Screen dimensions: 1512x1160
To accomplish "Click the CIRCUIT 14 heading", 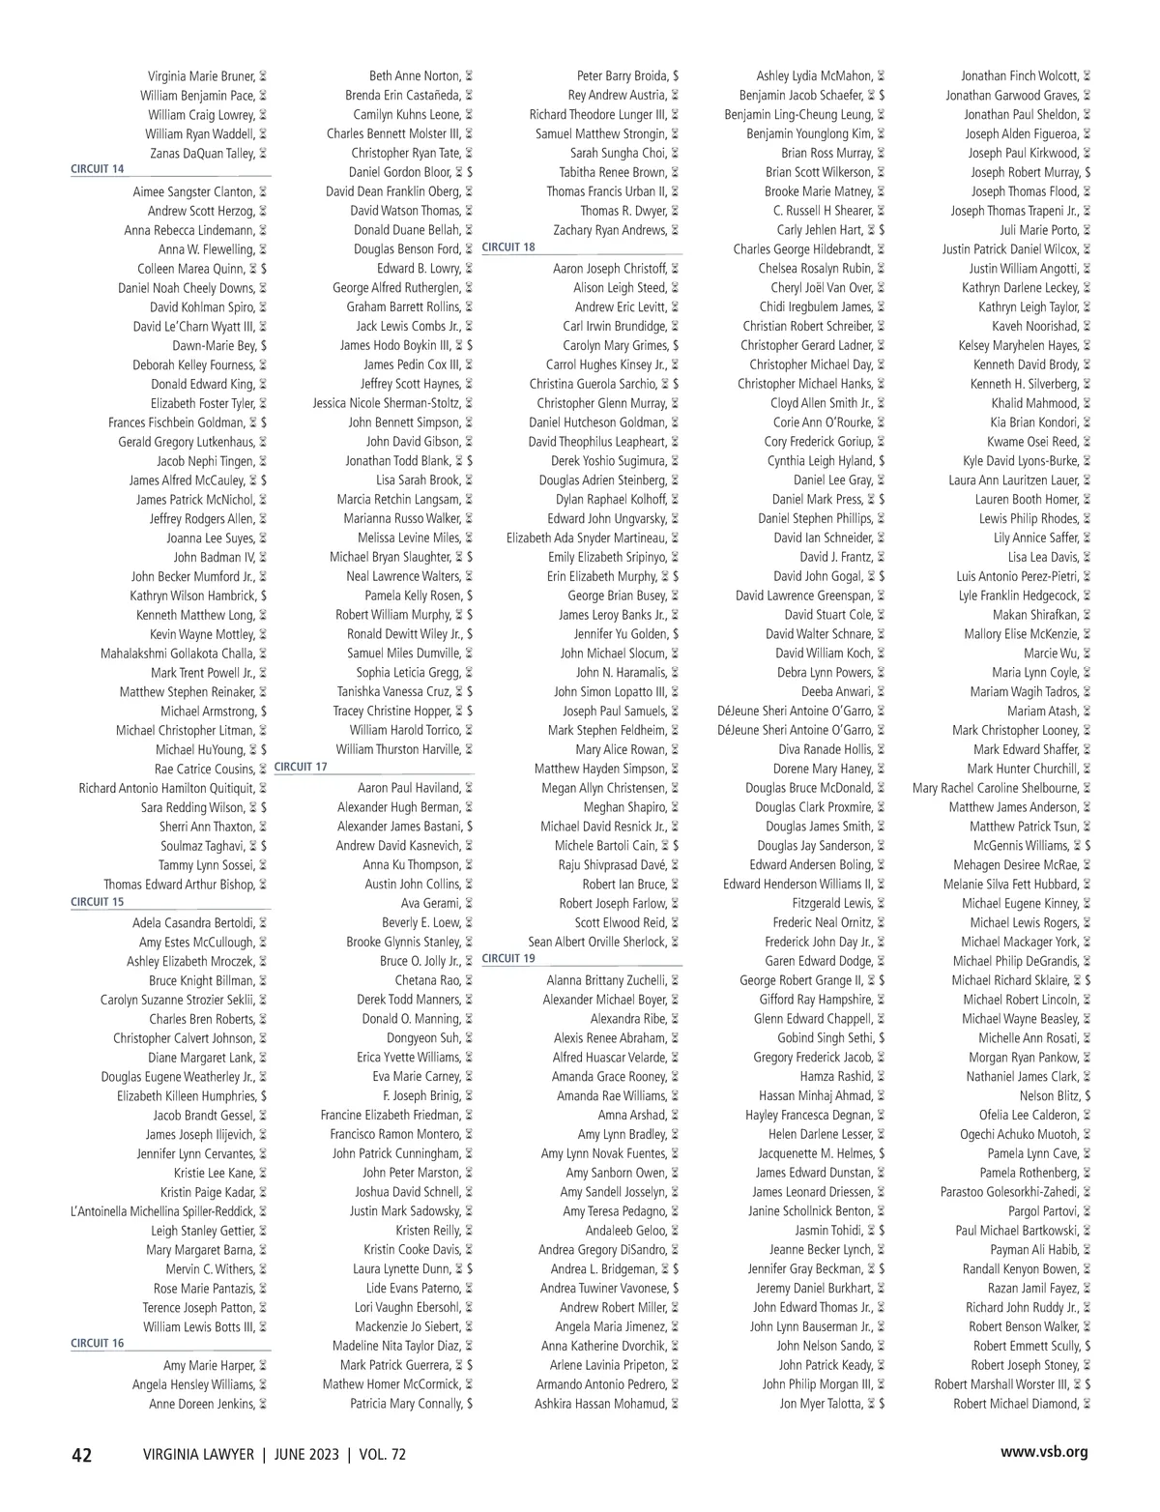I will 98,169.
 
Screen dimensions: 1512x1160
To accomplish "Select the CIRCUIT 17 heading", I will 301,767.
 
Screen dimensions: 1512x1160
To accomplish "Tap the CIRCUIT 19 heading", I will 508,959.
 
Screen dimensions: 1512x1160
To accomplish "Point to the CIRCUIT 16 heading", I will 98,1344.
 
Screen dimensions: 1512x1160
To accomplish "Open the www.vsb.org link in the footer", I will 1044,1452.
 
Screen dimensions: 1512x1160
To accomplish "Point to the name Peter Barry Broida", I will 623,76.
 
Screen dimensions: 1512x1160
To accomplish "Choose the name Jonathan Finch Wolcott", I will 1019,76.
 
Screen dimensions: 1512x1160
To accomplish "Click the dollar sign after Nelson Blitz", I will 1087,1096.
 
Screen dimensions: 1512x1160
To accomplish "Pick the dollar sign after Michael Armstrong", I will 264,712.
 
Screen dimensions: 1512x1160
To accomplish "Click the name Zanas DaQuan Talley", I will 202,154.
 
